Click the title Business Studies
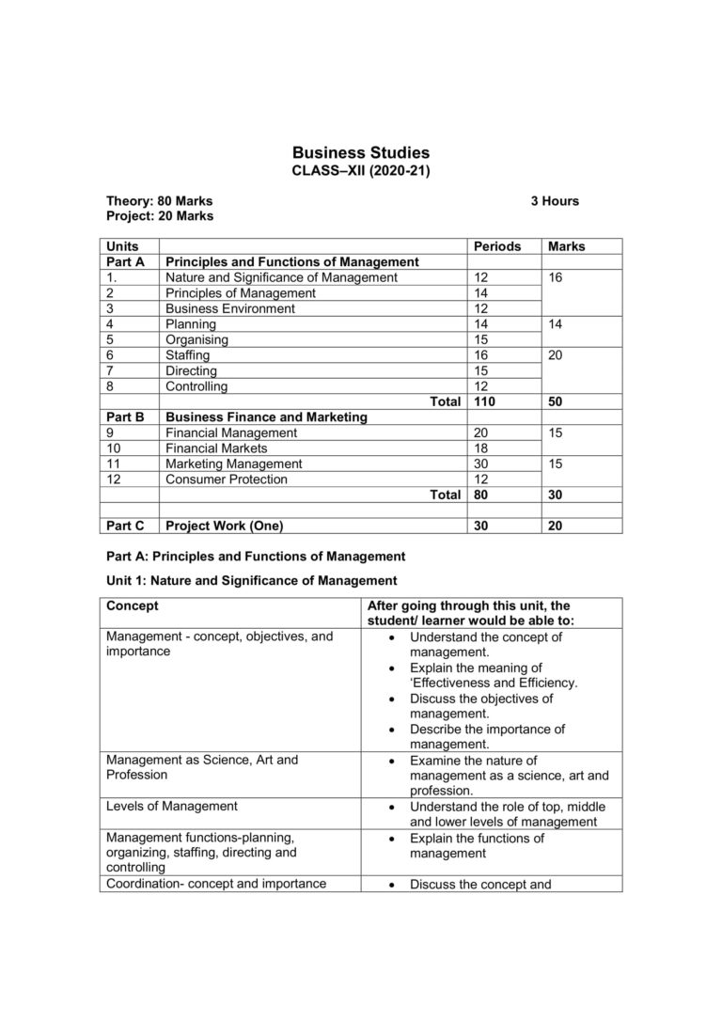click(361, 152)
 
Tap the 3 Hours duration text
click(555, 201)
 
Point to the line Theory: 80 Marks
click(159, 201)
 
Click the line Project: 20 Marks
click(160, 216)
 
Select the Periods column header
click(497, 246)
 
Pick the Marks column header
click(565, 246)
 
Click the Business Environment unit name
click(229, 308)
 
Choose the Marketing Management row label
click(233, 463)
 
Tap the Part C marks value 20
click(556, 526)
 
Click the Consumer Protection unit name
click(226, 479)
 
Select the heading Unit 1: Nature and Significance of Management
click(251, 581)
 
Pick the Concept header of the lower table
click(133, 606)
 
